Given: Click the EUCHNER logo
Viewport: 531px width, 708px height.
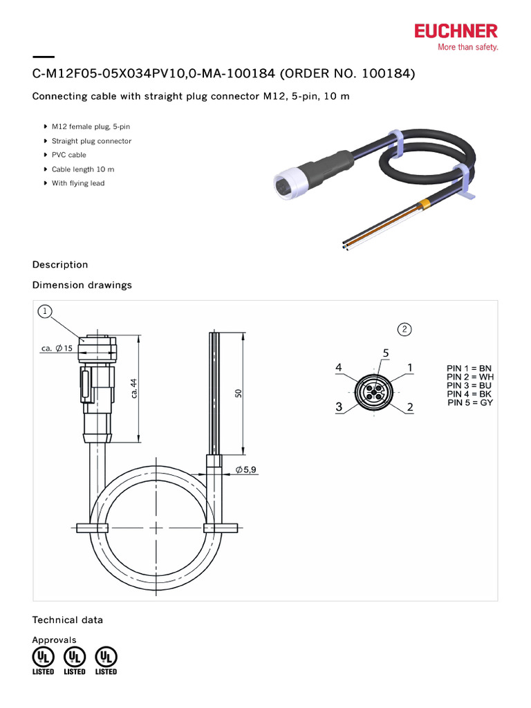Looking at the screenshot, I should pyautogui.click(x=456, y=31).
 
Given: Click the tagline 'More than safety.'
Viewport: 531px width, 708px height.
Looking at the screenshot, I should pyautogui.click(x=467, y=48).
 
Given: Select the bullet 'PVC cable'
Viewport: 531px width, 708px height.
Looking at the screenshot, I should pyautogui.click(x=68, y=155).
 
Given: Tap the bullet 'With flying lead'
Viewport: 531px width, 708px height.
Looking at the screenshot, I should pyautogui.click(x=77, y=183).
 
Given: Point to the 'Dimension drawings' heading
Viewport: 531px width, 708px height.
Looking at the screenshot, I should pyautogui.click(x=82, y=285).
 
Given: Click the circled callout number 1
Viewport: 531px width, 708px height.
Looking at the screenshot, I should pyautogui.click(x=45, y=312).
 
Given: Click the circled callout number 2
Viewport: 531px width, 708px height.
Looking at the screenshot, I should pyautogui.click(x=404, y=328).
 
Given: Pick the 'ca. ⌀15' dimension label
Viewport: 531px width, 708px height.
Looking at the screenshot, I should pyautogui.click(x=56, y=348).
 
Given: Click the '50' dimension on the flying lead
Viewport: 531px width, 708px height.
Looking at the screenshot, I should pyautogui.click(x=239, y=393).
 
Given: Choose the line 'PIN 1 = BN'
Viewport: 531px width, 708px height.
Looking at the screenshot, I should pyautogui.click(x=469, y=367).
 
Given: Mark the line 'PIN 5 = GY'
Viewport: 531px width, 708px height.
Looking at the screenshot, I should pyautogui.click(x=470, y=402).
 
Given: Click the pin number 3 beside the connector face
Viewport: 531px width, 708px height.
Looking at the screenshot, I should pyautogui.click(x=339, y=408).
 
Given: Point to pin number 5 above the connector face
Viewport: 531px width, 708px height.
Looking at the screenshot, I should pyautogui.click(x=385, y=353).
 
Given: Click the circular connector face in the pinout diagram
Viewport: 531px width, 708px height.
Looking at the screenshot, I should pyautogui.click(x=374, y=392).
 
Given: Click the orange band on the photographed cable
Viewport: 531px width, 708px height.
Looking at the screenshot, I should pyautogui.click(x=426, y=203).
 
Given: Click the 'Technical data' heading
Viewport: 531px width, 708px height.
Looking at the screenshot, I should pyautogui.click(x=68, y=619).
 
